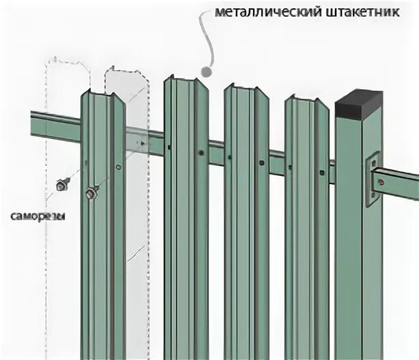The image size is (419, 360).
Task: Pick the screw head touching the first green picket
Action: click(x=91, y=194)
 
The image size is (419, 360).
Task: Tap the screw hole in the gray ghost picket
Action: click(x=141, y=144)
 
